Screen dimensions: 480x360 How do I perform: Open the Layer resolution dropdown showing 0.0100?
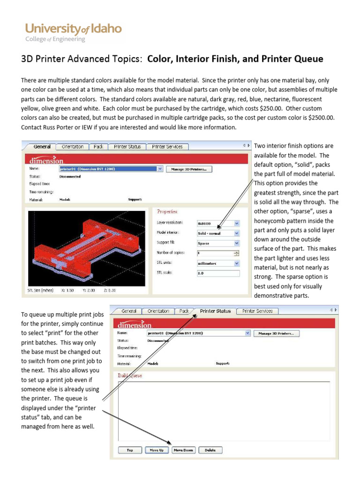tap(218, 223)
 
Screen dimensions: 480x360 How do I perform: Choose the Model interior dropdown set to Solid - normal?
tap(218, 233)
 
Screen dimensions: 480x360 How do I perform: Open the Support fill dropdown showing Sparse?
tap(218, 243)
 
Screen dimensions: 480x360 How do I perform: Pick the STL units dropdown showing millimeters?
tap(218, 263)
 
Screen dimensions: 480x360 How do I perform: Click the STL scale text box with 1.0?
tap(218, 273)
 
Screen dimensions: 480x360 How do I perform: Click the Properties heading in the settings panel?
tap(167, 211)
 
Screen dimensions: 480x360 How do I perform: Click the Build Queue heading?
tap(129, 375)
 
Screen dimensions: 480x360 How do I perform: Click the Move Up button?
tap(156, 450)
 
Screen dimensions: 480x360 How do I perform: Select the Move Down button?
tap(183, 450)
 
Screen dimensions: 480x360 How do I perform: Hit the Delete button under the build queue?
tap(210, 450)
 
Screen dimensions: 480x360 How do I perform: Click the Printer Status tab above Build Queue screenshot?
tap(215, 311)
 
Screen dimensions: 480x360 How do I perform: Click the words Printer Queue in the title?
tap(295, 59)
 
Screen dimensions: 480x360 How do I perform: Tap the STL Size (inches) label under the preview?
tap(41, 290)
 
